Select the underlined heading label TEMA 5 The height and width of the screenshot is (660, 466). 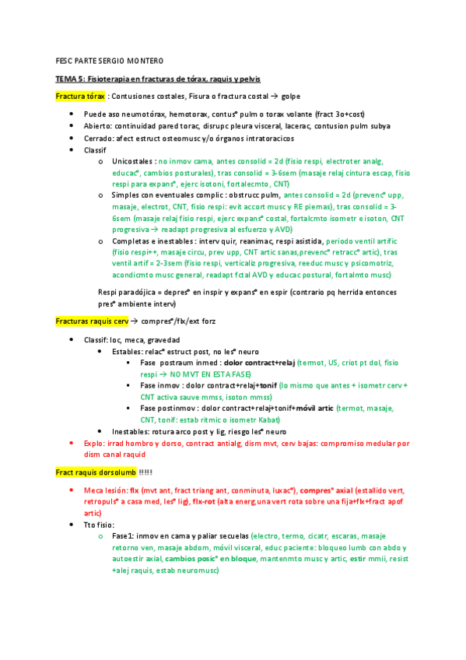coord(70,79)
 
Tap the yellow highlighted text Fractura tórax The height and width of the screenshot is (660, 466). coord(80,97)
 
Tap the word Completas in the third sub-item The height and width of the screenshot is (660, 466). coord(130,241)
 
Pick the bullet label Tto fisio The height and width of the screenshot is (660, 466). coord(100,525)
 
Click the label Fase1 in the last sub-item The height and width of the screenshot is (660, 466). coord(124,537)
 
